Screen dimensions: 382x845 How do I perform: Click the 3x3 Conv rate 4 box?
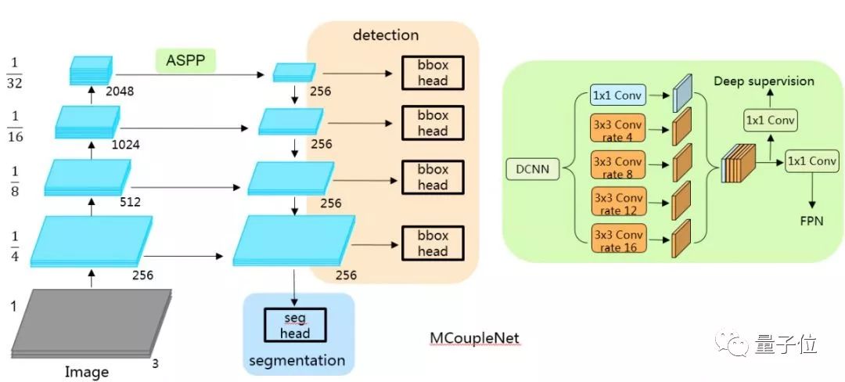tap(618, 130)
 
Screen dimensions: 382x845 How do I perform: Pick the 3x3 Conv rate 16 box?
tap(618, 240)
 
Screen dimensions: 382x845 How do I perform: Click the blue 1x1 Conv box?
tap(618, 95)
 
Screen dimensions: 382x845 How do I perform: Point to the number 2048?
tap(120, 91)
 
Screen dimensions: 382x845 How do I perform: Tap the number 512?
tap(131, 201)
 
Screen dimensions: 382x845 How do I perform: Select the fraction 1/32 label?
tap(15, 73)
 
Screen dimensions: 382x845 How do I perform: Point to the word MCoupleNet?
tap(474, 338)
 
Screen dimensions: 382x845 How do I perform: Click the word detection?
tap(386, 35)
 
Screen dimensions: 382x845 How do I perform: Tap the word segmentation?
tap(297, 361)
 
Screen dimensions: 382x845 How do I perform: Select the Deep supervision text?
tap(764, 81)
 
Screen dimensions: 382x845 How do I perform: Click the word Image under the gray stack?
tap(86, 371)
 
